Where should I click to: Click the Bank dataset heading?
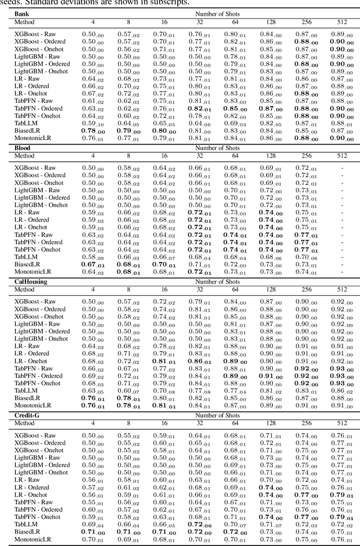tap(22, 12)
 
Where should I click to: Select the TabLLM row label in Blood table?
tap(26, 256)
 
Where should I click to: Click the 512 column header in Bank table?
tap(341, 22)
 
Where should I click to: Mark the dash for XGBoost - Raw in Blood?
tap(341, 168)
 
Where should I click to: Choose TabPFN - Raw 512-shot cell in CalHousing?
tap(341, 368)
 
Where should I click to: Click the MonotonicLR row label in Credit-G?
tap(33, 539)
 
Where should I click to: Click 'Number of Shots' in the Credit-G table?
tap(217, 415)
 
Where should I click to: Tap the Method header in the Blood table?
tap(24, 156)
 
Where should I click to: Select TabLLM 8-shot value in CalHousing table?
tap(128, 391)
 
